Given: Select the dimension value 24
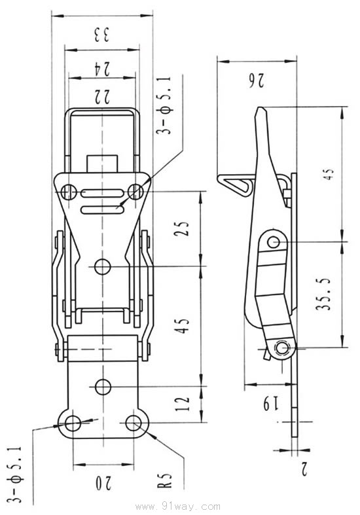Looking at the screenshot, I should (x=103, y=66).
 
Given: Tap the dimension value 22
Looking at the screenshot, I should (x=102, y=96).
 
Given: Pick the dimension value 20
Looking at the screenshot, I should (x=103, y=484).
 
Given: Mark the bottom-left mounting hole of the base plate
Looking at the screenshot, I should (x=73, y=423).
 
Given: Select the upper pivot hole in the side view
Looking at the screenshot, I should (x=273, y=243).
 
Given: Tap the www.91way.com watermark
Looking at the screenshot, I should (x=179, y=506).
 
